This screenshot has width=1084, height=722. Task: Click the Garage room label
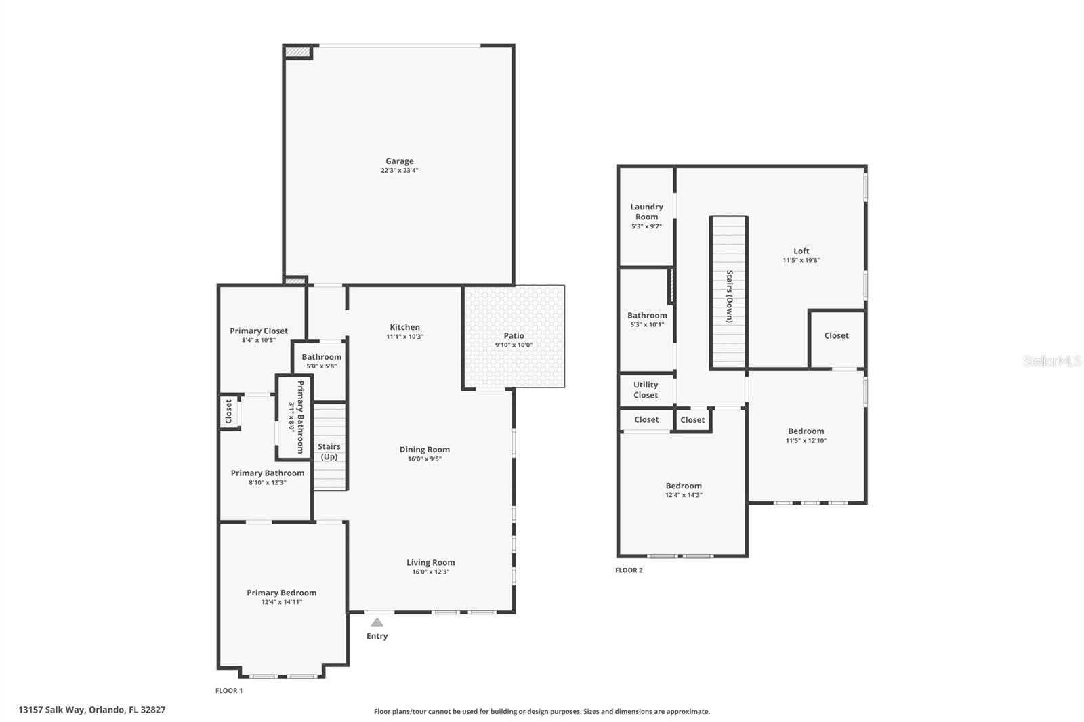coord(399,161)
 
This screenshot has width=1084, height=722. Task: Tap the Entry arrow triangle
coord(377,622)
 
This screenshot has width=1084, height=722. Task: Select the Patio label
coord(514,335)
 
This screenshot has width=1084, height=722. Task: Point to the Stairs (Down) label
coord(730,296)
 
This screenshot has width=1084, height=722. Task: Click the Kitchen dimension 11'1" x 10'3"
coord(404,337)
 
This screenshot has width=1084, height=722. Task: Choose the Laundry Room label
coord(646,211)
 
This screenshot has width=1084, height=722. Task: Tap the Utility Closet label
coord(646,389)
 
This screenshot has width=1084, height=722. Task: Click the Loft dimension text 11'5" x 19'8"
coord(801,260)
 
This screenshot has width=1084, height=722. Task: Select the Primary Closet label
coord(259,331)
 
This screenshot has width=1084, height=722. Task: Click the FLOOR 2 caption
coord(629,570)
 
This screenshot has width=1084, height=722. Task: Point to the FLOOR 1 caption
coord(229,691)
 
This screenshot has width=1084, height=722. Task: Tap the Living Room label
coord(430,562)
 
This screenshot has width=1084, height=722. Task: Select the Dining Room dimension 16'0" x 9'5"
coord(424,459)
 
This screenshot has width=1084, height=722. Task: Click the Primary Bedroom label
coord(281,593)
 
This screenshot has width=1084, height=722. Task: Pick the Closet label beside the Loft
coord(836,335)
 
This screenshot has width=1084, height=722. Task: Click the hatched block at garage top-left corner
coord(297,51)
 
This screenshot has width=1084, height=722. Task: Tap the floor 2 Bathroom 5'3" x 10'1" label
coord(647,315)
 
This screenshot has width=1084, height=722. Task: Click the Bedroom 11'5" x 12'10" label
coord(806,431)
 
